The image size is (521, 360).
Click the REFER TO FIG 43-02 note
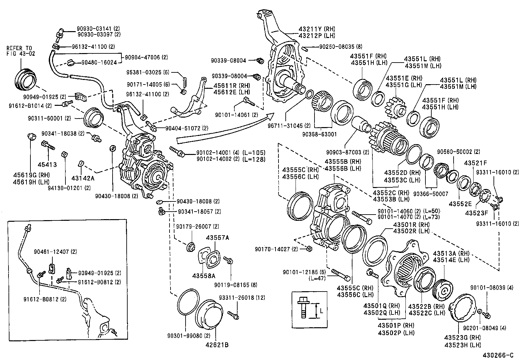point(20,51)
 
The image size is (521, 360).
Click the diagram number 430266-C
point(500,355)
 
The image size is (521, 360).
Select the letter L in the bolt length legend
point(321,311)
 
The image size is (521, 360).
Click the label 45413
point(47,165)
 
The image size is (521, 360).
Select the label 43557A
point(218,238)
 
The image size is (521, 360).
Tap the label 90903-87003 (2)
point(348,152)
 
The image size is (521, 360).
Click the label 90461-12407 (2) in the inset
point(55,252)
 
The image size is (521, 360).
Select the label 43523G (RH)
point(462,338)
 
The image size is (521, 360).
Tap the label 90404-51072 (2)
point(187,127)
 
